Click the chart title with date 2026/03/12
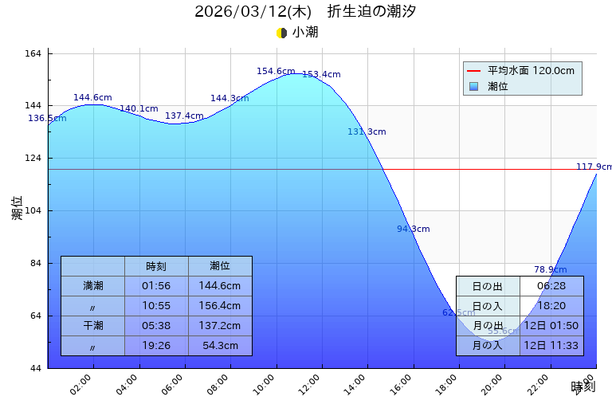pyautogui.click(x=305, y=12)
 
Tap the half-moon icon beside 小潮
pyautogui.click(x=281, y=33)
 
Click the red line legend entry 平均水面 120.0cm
pyautogui.click(x=522, y=71)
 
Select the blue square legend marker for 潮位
pyautogui.click(x=474, y=86)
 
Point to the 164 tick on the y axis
pyautogui.click(x=33, y=53)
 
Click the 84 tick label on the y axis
pyautogui.click(x=36, y=264)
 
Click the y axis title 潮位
pyautogui.click(x=18, y=209)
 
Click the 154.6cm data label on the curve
pyautogui.click(x=276, y=72)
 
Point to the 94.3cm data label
pyautogui.click(x=413, y=229)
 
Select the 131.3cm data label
pyautogui.click(x=367, y=132)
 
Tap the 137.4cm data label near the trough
pyautogui.click(x=184, y=116)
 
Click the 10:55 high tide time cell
pyautogui.click(x=156, y=306)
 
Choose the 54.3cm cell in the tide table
pyautogui.click(x=220, y=346)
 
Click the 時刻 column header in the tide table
pyautogui.click(x=156, y=266)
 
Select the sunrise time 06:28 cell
pyautogui.click(x=551, y=286)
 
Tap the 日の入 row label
pyautogui.click(x=488, y=306)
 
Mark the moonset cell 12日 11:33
pyautogui.click(x=551, y=346)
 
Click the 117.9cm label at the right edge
pyautogui.click(x=594, y=167)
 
